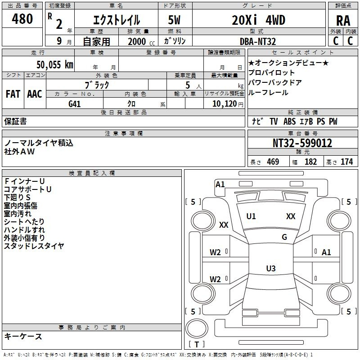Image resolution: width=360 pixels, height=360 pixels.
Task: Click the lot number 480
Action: pyautogui.click(x=22, y=18)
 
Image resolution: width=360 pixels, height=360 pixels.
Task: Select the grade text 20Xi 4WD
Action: pyautogui.click(x=258, y=20)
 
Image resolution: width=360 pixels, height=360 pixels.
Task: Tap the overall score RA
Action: pyautogui.click(x=343, y=21)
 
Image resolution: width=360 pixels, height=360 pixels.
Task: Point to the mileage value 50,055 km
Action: pyautogui.click(x=55, y=64)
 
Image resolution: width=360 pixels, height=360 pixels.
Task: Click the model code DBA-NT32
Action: pyautogui.click(x=258, y=41)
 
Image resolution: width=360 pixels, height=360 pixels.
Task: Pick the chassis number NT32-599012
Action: pyautogui.click(x=302, y=143)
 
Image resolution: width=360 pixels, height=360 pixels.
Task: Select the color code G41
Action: pyautogui.click(x=74, y=104)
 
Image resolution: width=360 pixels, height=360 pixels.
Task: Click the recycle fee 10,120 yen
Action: pyautogui.click(x=228, y=104)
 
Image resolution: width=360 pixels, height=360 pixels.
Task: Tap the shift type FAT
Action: pyautogui.click(x=13, y=94)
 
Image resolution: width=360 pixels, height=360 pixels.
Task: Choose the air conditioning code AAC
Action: pyautogui.click(x=35, y=94)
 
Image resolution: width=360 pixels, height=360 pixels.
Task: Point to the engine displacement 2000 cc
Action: pyautogui.click(x=141, y=41)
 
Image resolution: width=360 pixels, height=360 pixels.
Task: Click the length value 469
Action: pyautogui.click(x=273, y=162)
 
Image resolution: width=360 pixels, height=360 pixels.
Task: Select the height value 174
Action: pyautogui.click(x=346, y=162)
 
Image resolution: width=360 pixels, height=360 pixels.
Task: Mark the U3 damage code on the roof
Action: pyautogui.click(x=271, y=268)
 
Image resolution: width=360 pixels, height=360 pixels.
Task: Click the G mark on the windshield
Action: pyautogui.click(x=284, y=237)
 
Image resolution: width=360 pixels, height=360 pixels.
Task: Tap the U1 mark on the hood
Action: pyautogui.click(x=251, y=216)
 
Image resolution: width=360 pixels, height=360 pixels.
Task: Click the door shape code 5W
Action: pyautogui.click(x=174, y=20)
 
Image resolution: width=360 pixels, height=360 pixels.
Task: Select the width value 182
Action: pyautogui.click(x=310, y=162)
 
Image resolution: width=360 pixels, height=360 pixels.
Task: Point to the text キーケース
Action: pyautogui.click(x=23, y=336)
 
